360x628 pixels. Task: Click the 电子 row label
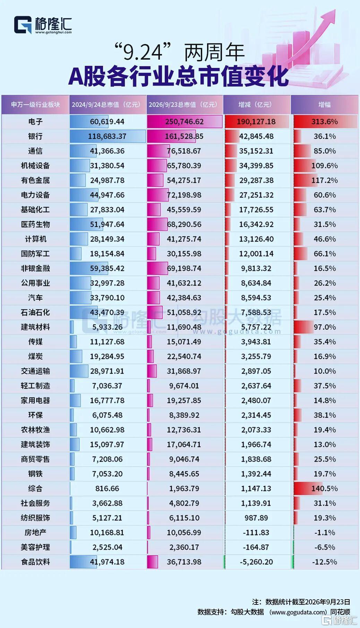point(35,122)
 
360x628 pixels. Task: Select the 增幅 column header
point(324,104)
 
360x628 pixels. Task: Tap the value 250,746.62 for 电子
point(184,122)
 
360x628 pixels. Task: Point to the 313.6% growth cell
point(325,122)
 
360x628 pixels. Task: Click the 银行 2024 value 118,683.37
point(107,136)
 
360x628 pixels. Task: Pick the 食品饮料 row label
point(35,562)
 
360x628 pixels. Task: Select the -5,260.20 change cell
point(256,562)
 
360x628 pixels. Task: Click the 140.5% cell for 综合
point(325,488)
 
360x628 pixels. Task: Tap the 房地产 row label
point(35,532)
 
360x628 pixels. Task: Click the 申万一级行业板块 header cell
point(35,104)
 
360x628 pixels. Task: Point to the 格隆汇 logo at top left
point(43,25)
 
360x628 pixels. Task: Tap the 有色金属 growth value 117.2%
point(325,180)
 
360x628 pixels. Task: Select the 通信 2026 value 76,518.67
point(184,151)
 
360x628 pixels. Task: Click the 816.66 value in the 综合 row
point(107,488)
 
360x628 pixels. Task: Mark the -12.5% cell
point(325,562)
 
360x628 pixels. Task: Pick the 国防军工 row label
point(35,254)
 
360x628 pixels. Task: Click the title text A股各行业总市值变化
point(179,76)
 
